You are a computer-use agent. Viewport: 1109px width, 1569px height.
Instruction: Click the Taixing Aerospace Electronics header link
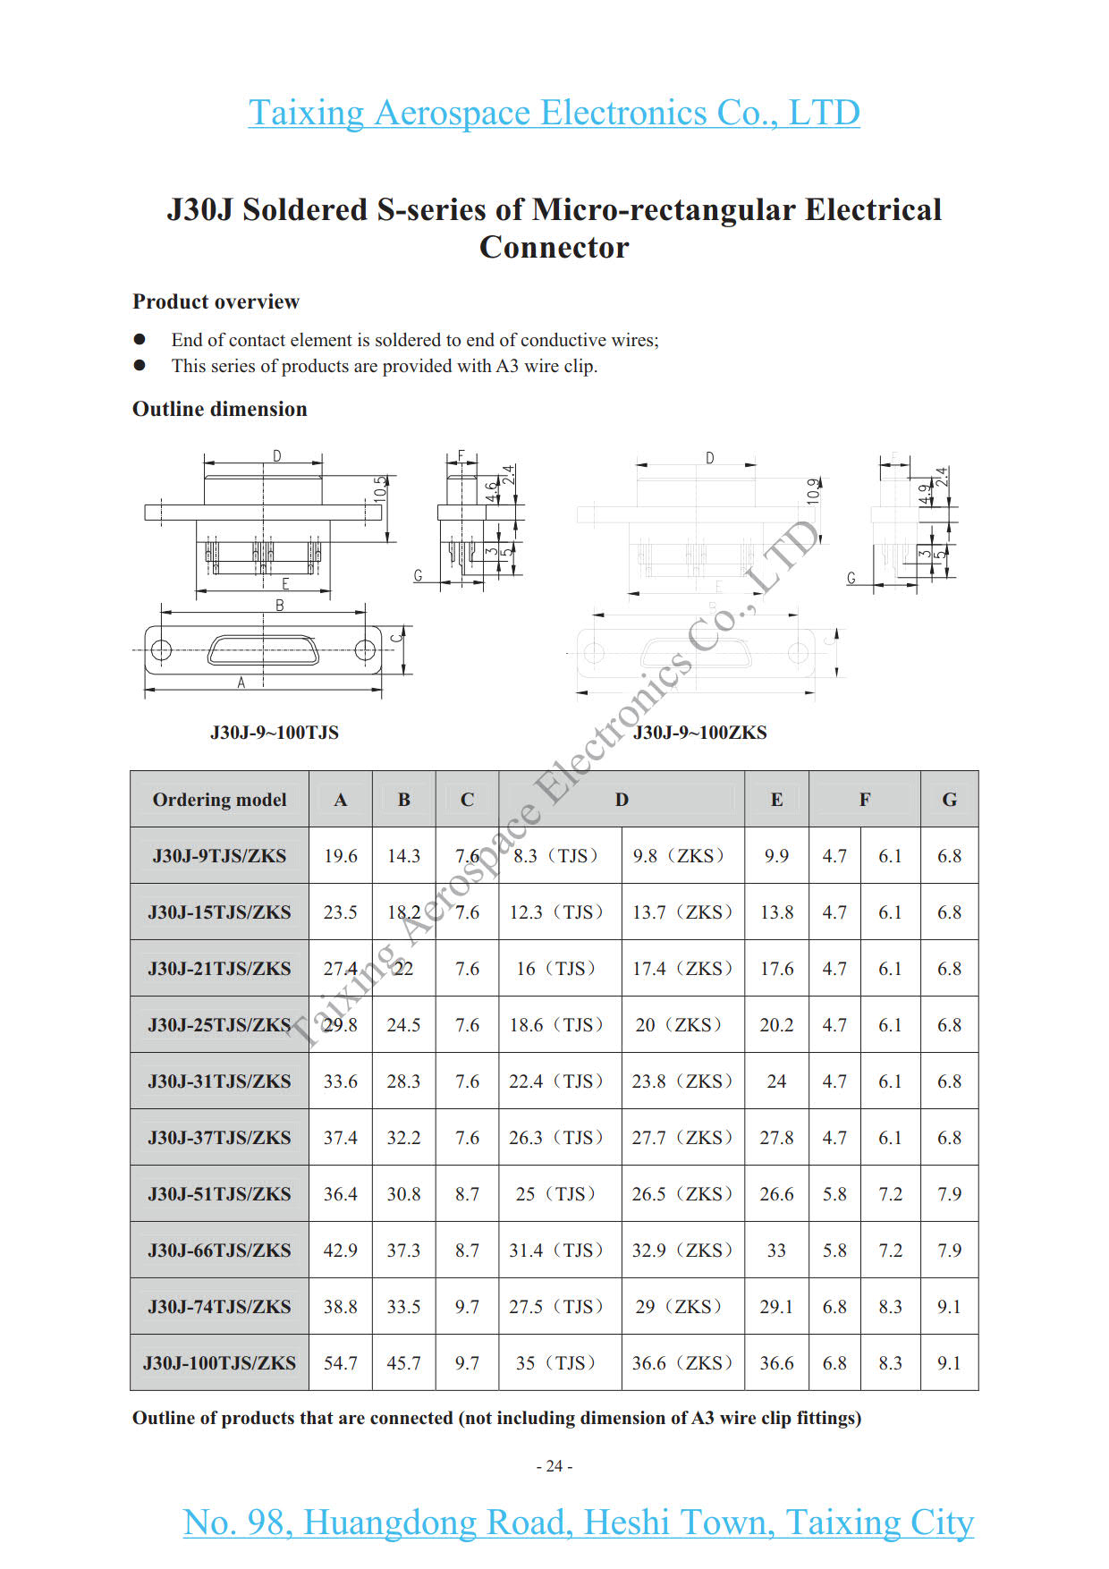point(554,114)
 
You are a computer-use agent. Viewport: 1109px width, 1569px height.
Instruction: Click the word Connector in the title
point(554,248)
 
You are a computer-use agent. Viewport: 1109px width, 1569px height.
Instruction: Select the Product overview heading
point(216,301)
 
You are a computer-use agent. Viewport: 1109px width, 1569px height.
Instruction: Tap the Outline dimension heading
point(220,409)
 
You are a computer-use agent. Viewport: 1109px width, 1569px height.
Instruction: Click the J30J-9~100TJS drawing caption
point(275,733)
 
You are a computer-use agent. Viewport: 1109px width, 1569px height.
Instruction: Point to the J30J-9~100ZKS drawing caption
point(699,733)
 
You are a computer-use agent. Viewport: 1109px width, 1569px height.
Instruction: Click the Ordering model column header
point(219,800)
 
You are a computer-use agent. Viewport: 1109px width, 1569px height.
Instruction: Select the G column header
point(949,800)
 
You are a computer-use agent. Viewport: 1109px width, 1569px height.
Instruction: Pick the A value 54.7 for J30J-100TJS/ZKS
point(340,1363)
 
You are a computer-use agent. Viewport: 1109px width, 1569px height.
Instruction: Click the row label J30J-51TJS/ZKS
point(219,1194)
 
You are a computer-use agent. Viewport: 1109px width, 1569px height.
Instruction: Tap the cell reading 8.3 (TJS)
point(555,856)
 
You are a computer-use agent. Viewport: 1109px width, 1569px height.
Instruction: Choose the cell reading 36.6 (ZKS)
point(682,1363)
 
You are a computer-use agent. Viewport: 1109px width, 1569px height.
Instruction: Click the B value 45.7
point(403,1363)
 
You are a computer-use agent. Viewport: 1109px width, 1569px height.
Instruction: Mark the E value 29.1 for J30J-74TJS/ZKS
point(776,1307)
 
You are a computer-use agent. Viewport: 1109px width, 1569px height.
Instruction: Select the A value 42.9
point(340,1251)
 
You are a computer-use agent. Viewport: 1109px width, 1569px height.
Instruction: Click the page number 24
point(554,1466)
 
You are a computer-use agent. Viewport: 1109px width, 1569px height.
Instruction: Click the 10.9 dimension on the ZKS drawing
point(813,491)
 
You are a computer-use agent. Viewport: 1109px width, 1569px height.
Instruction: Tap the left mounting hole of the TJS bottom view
point(161,650)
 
